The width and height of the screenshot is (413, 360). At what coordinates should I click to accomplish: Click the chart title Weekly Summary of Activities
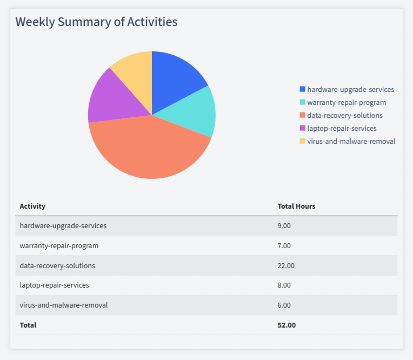pyautogui.click(x=96, y=22)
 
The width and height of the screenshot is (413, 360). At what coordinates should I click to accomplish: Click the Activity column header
pyautogui.click(x=32, y=206)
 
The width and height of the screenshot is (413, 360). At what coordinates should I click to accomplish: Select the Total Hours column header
pyautogui.click(x=296, y=206)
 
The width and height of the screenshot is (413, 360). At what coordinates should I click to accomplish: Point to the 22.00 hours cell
pyautogui.click(x=286, y=265)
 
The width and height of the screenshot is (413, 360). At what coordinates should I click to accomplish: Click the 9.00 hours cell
pyautogui.click(x=284, y=225)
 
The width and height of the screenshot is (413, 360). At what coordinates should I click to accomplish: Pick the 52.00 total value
pyautogui.click(x=287, y=325)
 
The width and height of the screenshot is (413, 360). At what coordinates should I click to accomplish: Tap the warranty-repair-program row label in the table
pyautogui.click(x=59, y=245)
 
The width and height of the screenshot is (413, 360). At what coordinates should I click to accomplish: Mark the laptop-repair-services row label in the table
pyautogui.click(x=54, y=285)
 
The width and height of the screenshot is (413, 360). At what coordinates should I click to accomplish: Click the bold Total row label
pyautogui.click(x=28, y=325)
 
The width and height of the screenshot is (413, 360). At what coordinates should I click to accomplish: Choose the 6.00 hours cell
pyautogui.click(x=284, y=305)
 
